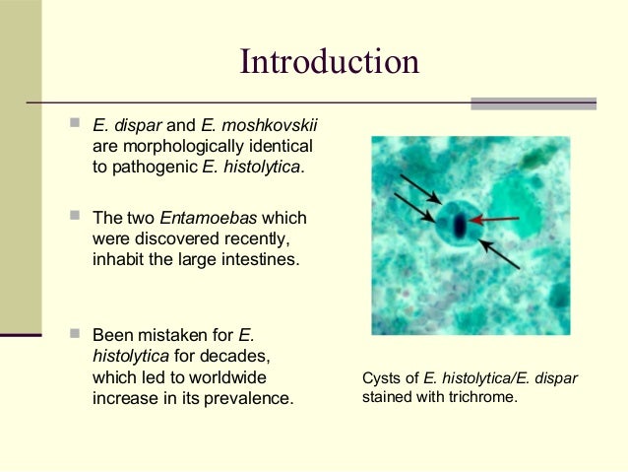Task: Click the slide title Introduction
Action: point(330,62)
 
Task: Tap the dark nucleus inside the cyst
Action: point(460,226)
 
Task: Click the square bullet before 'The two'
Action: point(76,218)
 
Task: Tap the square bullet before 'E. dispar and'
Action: point(76,125)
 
